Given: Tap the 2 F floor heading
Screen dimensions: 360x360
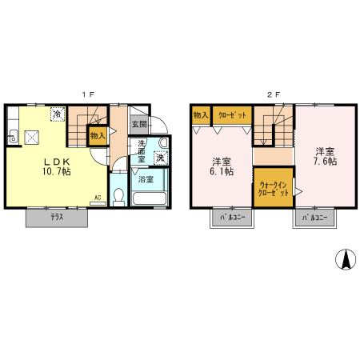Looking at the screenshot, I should click(273, 94).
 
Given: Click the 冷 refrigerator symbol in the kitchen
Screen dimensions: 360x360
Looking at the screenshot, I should click(58, 115).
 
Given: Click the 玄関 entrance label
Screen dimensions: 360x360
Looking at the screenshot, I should click(139, 125).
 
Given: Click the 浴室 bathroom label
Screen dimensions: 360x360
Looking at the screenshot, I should click(146, 178).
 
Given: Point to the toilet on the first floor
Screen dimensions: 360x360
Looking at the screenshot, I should click(119, 194).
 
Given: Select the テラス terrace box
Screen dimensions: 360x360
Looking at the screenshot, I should click(56, 217).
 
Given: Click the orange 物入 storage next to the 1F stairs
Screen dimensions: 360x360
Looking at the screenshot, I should click(98, 137).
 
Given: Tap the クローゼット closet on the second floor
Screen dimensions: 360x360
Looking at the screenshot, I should click(231, 115).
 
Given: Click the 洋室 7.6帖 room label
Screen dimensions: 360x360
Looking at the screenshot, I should click(325, 156).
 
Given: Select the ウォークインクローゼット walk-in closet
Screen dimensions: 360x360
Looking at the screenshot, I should click(273, 188).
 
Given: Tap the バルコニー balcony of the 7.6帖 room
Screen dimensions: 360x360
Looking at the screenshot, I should click(314, 217).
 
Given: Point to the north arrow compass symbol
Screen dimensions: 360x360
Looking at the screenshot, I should click(345, 259).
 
